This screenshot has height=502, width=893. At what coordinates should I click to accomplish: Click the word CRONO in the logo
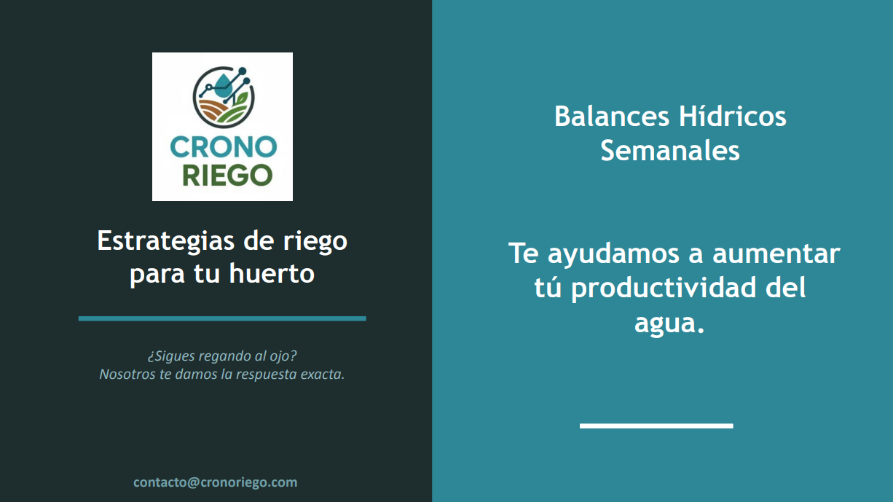pyautogui.click(x=223, y=147)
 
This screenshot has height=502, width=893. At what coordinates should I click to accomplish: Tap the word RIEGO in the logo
pyautogui.click(x=228, y=176)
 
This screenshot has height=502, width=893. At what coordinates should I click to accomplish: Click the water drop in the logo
pyautogui.click(x=222, y=85)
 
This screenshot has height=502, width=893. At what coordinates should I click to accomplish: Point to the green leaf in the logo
pyautogui.click(x=241, y=98)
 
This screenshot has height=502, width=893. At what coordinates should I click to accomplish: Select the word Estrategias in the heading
pyautogui.click(x=166, y=242)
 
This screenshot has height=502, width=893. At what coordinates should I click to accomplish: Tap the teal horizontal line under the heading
pyautogui.click(x=222, y=318)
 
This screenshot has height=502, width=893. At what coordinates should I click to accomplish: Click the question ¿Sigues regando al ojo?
pyautogui.click(x=222, y=356)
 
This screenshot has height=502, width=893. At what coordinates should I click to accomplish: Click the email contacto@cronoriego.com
pyautogui.click(x=216, y=482)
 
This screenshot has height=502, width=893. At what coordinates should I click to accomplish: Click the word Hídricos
pyautogui.click(x=733, y=116)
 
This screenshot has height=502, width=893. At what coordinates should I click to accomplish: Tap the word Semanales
pyautogui.click(x=670, y=151)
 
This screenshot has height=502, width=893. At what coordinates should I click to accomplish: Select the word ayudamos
pyautogui.click(x=613, y=254)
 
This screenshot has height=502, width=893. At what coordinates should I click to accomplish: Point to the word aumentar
pyautogui.click(x=776, y=254)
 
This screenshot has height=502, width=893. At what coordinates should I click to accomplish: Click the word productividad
pyautogui.click(x=664, y=289)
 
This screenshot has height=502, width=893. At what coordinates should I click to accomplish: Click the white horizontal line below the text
pyautogui.click(x=656, y=425)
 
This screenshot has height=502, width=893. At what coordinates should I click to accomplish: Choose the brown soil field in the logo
pyautogui.click(x=212, y=109)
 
